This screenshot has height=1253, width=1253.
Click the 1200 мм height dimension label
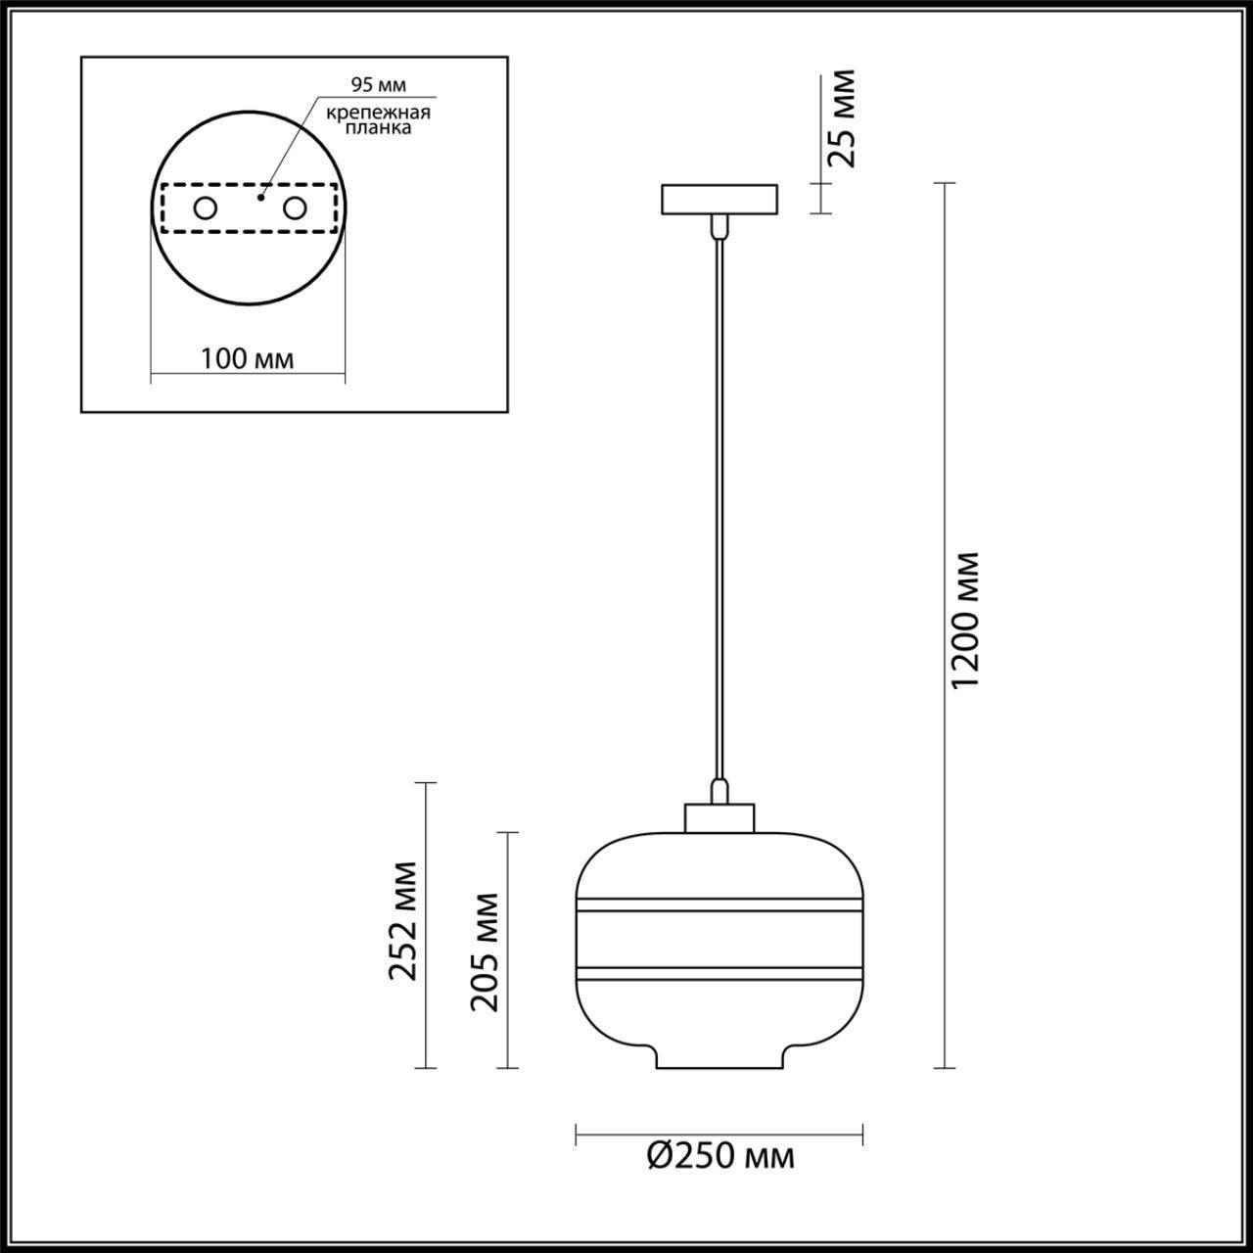[x=965, y=619]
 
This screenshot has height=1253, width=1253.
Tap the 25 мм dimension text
[x=838, y=117]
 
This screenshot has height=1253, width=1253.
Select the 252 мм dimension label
[x=402, y=920]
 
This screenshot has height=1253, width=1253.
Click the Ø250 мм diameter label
[x=720, y=1157]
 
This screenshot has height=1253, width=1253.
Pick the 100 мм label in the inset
[x=247, y=358]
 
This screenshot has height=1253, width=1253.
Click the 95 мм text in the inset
[x=378, y=84]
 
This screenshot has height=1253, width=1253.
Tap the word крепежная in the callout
[x=378, y=112]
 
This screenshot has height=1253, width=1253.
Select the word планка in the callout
[x=378, y=128]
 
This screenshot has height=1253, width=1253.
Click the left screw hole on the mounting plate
[x=206, y=209]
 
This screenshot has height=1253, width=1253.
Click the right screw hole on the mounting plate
[x=295, y=209]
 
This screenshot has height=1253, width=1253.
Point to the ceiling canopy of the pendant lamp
[x=719, y=200]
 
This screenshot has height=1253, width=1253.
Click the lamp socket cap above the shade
[x=719, y=817]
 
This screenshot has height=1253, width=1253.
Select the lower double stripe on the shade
[x=719, y=973]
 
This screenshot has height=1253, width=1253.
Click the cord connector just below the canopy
[x=719, y=227]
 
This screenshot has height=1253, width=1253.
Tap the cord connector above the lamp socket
[x=719, y=790]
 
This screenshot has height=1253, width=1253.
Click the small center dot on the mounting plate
[x=259, y=197]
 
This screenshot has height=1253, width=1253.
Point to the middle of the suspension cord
[x=719, y=509]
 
